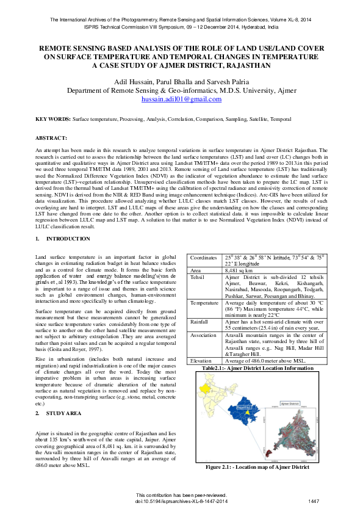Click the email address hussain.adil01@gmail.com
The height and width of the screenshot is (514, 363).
[x=181, y=99]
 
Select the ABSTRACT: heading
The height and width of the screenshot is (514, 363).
[x=51, y=139]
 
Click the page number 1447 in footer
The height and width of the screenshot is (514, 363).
[x=314, y=501]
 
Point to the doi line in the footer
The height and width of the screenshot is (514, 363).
[x=181, y=501]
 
